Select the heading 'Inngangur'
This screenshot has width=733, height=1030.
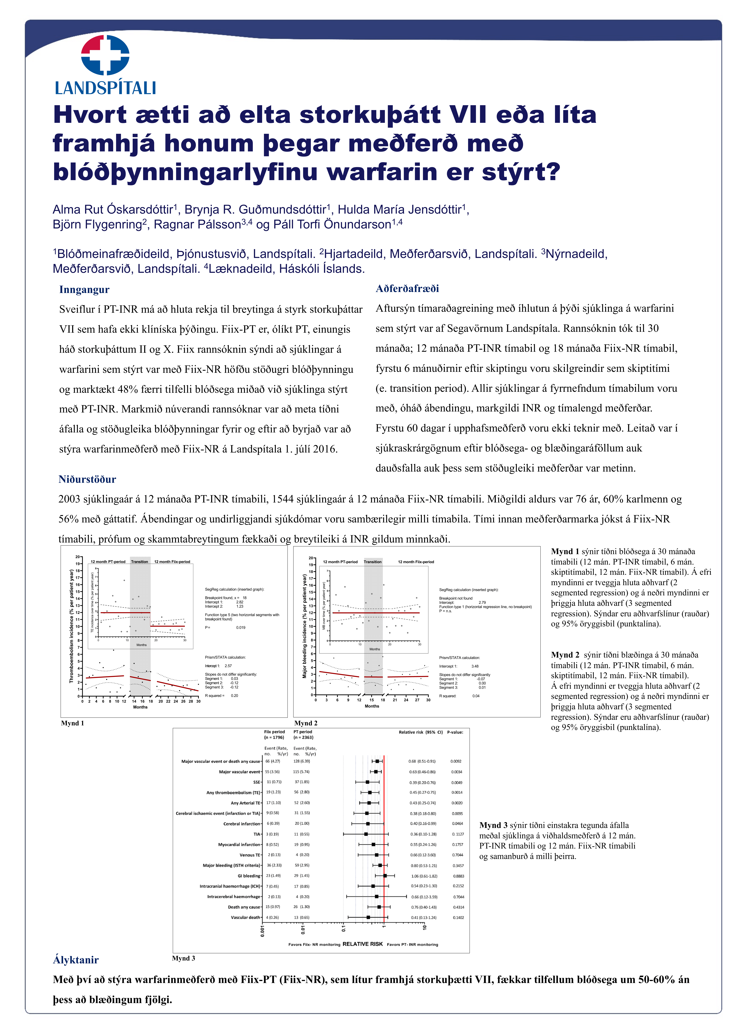(x=84, y=290)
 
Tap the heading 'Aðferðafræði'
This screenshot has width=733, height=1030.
(x=407, y=289)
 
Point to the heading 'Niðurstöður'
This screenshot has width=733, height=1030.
(x=87, y=479)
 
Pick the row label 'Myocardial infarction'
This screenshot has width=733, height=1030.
(x=239, y=844)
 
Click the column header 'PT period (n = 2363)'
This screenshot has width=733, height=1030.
(x=303, y=734)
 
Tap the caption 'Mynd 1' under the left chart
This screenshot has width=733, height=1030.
(x=73, y=723)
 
